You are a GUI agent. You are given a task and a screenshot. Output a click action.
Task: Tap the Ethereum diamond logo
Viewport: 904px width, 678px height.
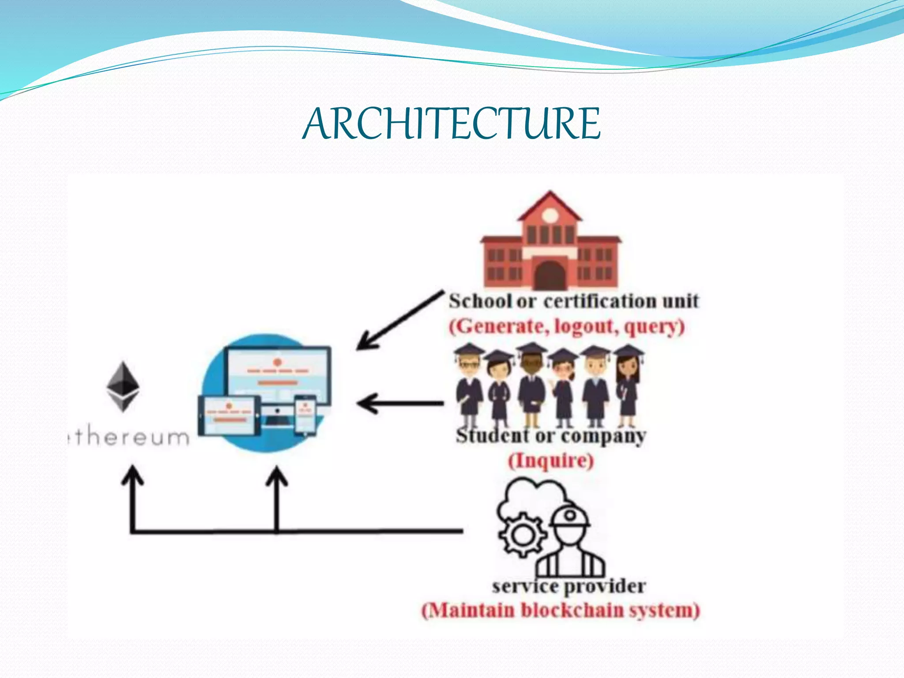pyautogui.click(x=123, y=387)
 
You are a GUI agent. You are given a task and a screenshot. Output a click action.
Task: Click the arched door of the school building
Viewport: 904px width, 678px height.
pyautogui.click(x=550, y=275)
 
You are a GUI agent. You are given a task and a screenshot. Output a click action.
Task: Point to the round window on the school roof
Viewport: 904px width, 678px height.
pyautogui.click(x=550, y=215)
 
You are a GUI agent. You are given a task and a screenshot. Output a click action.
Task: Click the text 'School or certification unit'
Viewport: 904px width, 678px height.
pyautogui.click(x=573, y=301)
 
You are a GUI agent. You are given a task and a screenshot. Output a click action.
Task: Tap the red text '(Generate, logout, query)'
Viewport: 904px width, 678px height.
pyautogui.click(x=567, y=327)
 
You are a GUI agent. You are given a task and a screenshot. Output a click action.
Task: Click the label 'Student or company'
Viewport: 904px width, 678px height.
pyautogui.click(x=550, y=436)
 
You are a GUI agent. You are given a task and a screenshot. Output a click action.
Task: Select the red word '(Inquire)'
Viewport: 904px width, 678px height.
pyautogui.click(x=551, y=461)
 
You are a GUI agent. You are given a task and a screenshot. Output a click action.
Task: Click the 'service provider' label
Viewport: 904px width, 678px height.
pyautogui.click(x=569, y=587)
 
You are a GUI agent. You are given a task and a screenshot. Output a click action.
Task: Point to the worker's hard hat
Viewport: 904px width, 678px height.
pyautogui.click(x=569, y=516)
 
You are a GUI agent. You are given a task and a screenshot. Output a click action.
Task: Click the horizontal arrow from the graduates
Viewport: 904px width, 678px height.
pyautogui.click(x=399, y=403)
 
